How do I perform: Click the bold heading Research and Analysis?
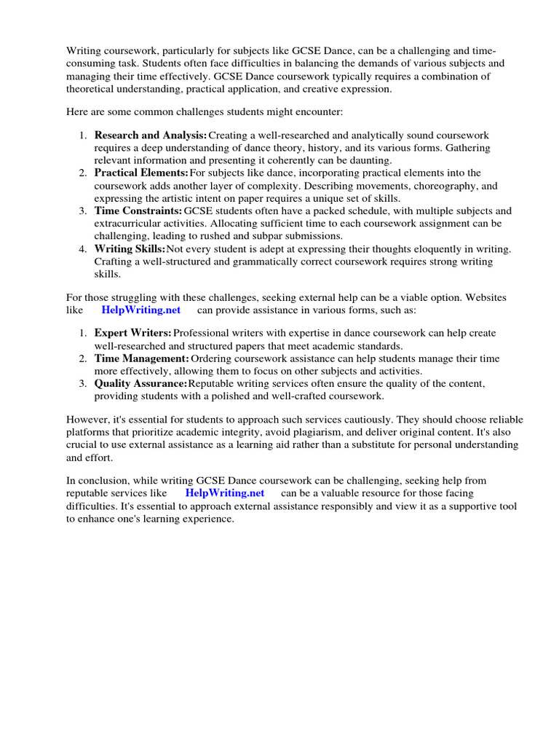[150, 136]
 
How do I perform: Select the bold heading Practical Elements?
[141, 173]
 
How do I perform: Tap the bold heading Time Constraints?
[138, 211]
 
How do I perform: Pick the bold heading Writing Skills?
[130, 248]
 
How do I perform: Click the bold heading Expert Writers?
[132, 333]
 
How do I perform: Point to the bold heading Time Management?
[141, 358]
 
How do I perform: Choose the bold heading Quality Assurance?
[140, 384]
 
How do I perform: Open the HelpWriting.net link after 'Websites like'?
[141, 310]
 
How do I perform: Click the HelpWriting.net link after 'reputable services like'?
[225, 493]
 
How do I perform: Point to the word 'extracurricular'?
[129, 223]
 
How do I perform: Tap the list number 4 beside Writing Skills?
[83, 248]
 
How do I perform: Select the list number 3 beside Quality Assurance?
[83, 384]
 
